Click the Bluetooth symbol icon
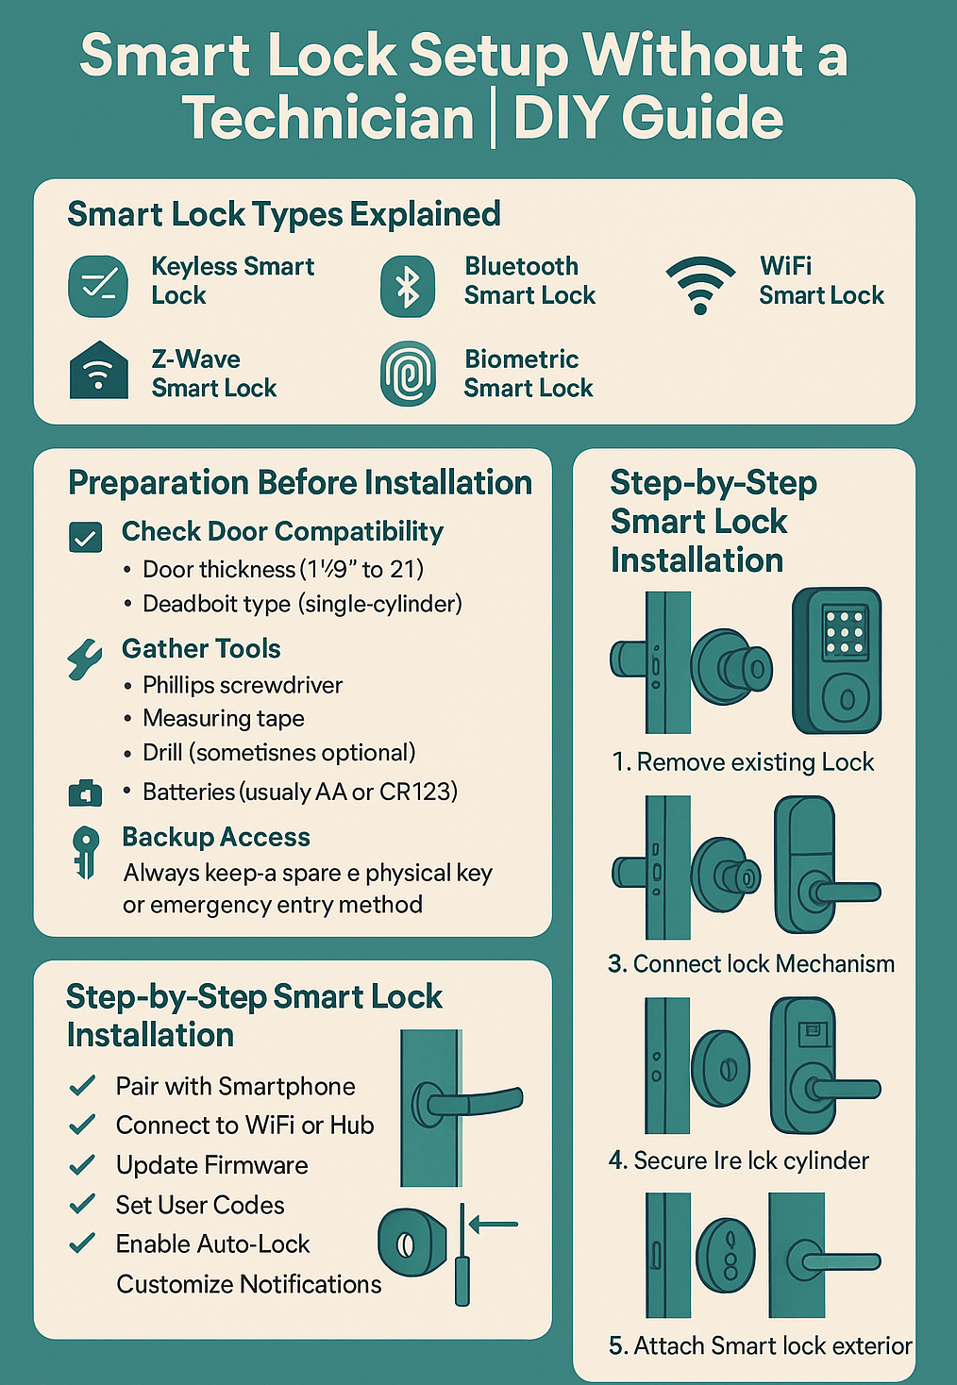click(408, 287)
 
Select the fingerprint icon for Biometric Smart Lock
click(408, 374)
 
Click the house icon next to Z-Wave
click(99, 370)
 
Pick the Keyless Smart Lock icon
click(98, 286)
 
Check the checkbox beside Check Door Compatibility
click(85, 537)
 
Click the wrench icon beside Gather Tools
click(85, 659)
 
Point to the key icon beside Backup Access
click(85, 853)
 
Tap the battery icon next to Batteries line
click(85, 793)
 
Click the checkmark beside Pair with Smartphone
click(82, 1085)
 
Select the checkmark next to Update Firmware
click(82, 1164)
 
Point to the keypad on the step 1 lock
click(844, 631)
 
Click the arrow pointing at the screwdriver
click(494, 1224)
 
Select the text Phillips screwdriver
click(243, 685)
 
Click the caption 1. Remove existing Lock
click(743, 762)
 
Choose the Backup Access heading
click(216, 837)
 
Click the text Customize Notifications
click(248, 1284)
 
